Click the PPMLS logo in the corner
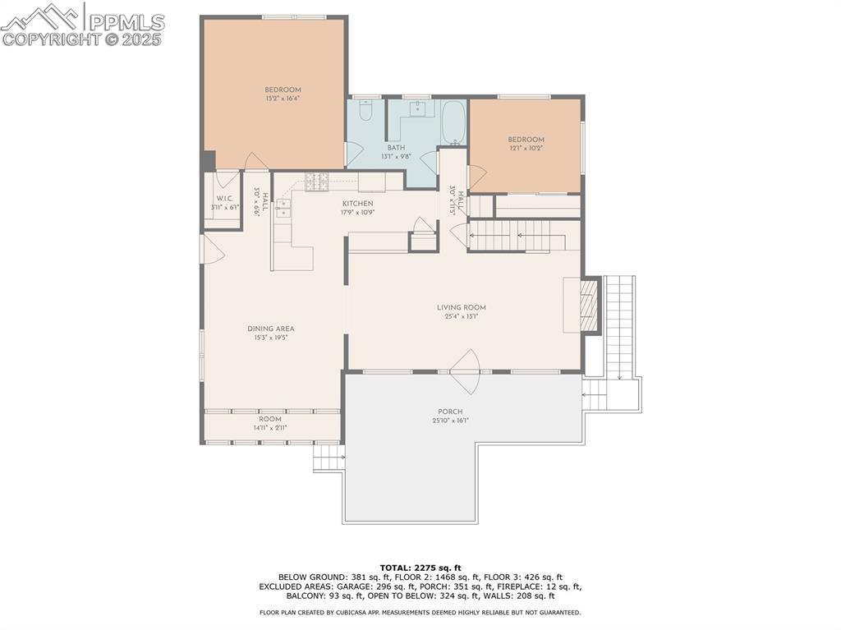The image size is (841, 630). click(82, 24)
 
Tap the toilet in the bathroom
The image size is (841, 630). click(366, 110)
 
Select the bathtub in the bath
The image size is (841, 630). click(453, 123)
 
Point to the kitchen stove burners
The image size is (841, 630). click(317, 182)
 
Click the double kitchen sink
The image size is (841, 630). click(283, 208)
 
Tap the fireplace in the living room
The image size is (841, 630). click(589, 306)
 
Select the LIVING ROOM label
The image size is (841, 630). click(462, 308)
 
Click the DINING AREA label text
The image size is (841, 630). click(271, 329)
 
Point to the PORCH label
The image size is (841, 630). click(450, 412)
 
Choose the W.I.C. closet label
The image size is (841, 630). click(224, 198)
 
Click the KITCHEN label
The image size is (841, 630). click(357, 204)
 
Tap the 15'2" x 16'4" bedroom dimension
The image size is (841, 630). click(283, 99)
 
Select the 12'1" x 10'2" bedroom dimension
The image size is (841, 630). click(526, 149)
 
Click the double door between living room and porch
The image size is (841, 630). click(466, 371)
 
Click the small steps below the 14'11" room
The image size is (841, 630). click(329, 458)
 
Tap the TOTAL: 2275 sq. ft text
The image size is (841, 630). click(420, 568)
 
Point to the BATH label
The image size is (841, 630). click(396, 148)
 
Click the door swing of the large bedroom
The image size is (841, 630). click(255, 162)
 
